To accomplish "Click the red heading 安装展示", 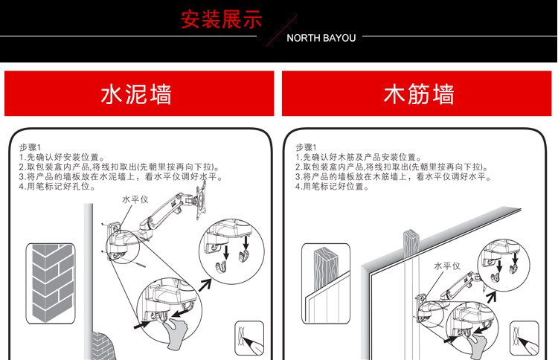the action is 222,19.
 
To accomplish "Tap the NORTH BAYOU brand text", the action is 321,37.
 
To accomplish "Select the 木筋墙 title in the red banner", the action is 419,94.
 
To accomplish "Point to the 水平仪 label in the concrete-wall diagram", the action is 136,200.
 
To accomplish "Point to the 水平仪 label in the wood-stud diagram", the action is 447,266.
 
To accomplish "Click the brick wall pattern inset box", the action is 51,281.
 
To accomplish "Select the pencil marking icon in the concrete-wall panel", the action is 249,339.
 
